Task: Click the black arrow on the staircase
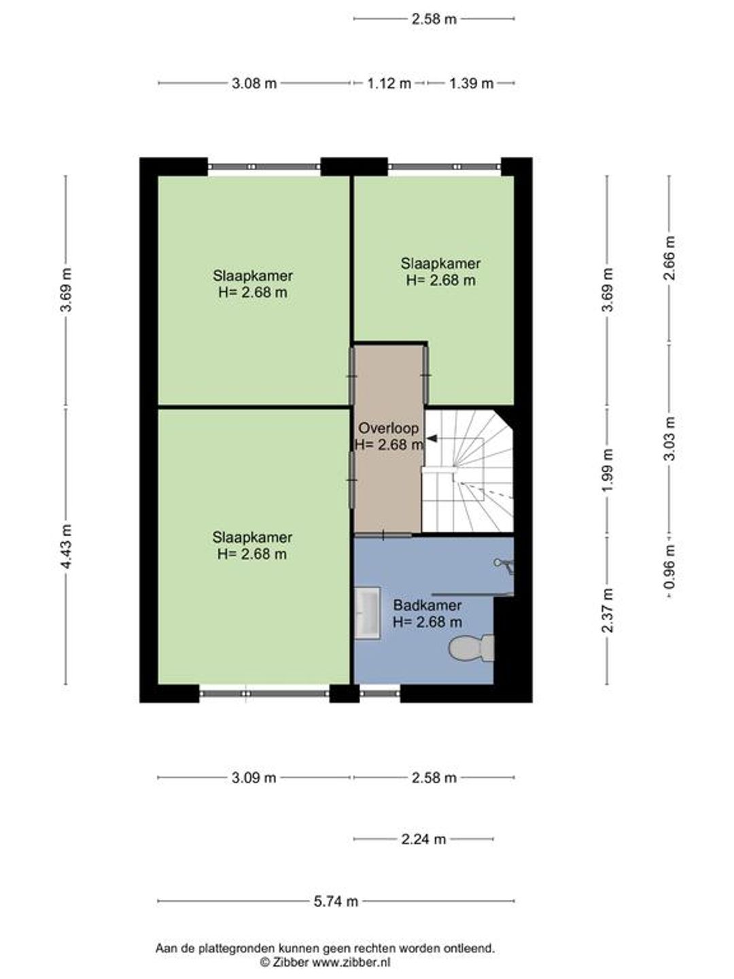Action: (431, 439)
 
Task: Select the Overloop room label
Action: (389, 428)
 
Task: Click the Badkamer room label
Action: (427, 605)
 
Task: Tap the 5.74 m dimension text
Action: (336, 901)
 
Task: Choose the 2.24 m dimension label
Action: (423, 840)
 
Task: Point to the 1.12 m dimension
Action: (389, 84)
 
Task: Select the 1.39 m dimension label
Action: (472, 84)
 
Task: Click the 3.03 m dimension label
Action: (669, 438)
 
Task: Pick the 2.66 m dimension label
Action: (669, 258)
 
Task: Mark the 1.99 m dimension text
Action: (608, 469)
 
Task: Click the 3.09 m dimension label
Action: (254, 778)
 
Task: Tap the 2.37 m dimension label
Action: (608, 610)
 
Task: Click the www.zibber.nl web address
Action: (351, 963)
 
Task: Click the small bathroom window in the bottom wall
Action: (380, 693)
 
